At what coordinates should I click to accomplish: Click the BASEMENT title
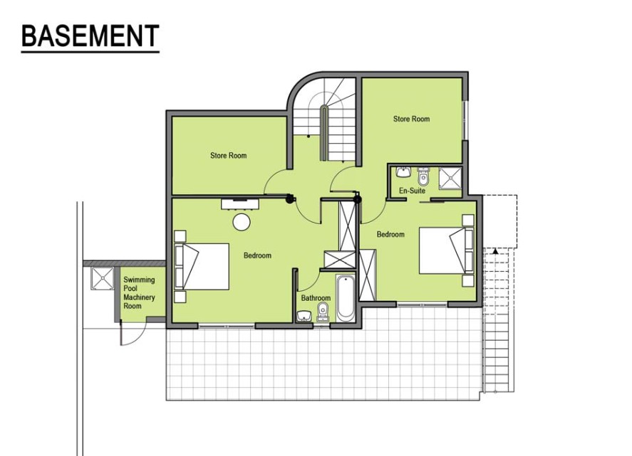(x=90, y=36)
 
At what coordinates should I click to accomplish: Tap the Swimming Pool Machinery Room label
(x=139, y=292)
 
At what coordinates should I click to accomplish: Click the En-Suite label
(x=412, y=191)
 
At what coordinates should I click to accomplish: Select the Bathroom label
(x=316, y=298)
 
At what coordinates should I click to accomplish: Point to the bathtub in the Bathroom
(x=345, y=298)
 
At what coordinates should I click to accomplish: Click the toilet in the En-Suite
(x=423, y=176)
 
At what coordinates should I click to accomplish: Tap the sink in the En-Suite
(x=403, y=172)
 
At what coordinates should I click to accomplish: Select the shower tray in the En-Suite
(x=450, y=177)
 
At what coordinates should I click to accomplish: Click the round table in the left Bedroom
(x=242, y=222)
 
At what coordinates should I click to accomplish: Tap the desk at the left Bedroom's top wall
(x=240, y=203)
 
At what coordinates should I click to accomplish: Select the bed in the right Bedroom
(x=447, y=250)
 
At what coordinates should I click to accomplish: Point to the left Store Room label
(x=229, y=155)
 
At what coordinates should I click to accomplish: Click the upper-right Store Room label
(x=412, y=119)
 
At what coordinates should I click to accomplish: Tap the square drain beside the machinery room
(x=103, y=278)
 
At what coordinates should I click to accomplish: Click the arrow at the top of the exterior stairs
(x=495, y=251)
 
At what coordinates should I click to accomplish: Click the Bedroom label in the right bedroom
(x=390, y=234)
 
